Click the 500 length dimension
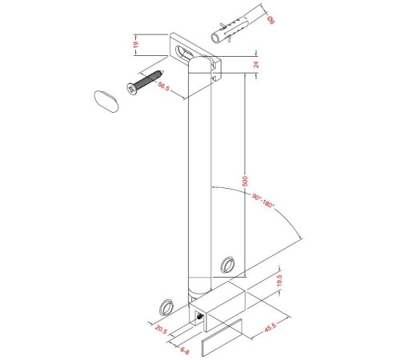(245, 181)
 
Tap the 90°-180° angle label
(263, 201)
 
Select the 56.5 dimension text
(163, 86)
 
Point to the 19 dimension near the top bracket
(136, 44)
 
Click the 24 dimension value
(256, 65)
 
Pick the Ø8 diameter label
(270, 20)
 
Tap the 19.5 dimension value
(279, 281)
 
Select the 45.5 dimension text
(270, 327)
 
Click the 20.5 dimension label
(161, 330)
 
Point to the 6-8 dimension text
(185, 350)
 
